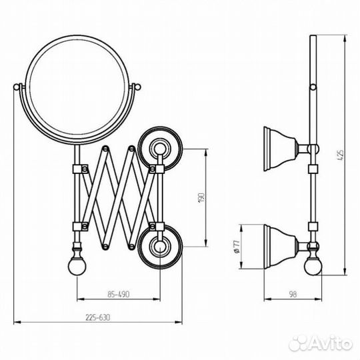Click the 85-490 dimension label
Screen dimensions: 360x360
tap(119, 294)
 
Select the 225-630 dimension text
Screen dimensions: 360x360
tap(98, 317)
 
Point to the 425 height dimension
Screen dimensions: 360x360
tap(341, 155)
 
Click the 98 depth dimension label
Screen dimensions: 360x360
tap(293, 294)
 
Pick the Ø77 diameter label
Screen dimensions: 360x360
tap(237, 247)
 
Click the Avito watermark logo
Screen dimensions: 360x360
tap(321, 343)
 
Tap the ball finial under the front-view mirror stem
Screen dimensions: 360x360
tap(77, 267)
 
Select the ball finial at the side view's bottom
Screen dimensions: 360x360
tap(313, 266)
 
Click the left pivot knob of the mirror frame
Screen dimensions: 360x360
tap(17, 87)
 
